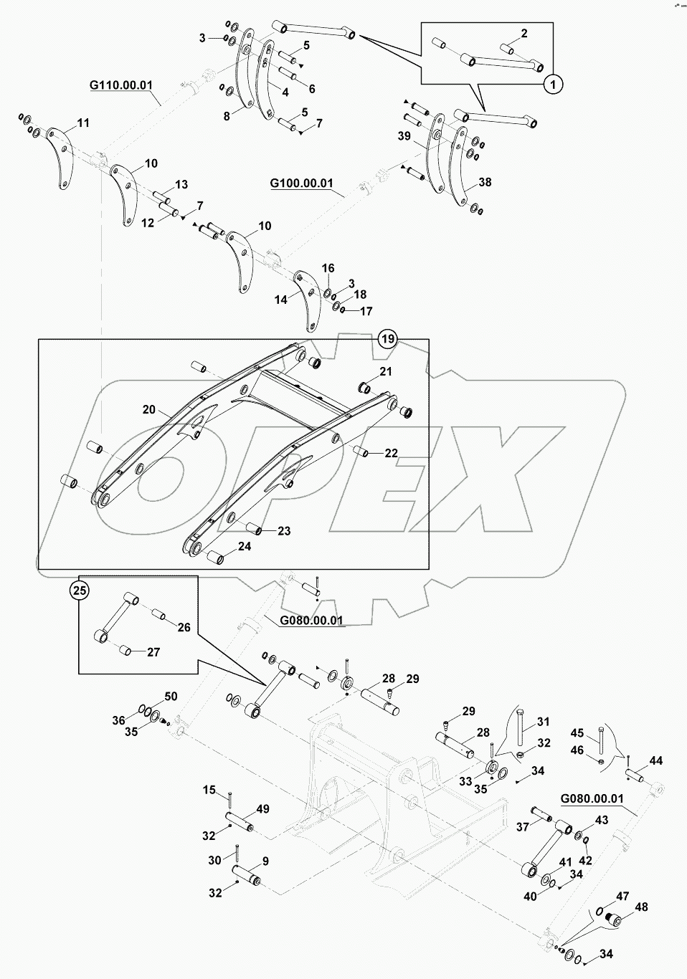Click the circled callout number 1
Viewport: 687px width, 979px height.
[x=552, y=85]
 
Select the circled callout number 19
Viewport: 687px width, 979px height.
[x=387, y=339]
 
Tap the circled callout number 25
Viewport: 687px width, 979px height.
[x=80, y=591]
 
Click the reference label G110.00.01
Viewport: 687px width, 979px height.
[x=121, y=85]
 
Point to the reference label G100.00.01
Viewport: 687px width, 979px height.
[x=301, y=183]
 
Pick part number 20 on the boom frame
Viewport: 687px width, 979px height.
[x=148, y=410]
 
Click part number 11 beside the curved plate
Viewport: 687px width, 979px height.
[x=83, y=123]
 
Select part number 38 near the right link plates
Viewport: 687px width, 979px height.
[x=485, y=183]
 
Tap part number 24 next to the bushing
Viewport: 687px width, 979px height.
[x=245, y=547]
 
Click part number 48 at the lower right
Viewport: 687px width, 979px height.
[x=640, y=907]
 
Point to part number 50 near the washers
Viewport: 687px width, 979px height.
[x=170, y=697]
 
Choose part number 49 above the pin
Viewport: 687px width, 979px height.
[x=263, y=810]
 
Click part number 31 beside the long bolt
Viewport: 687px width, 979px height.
[x=543, y=722]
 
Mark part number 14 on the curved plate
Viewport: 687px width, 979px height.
[x=282, y=300]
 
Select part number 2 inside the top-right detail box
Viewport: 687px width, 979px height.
[x=524, y=34]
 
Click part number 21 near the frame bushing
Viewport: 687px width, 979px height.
[x=386, y=371]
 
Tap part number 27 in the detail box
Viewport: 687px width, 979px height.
[x=153, y=652]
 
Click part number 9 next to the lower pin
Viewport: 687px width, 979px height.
[x=265, y=861]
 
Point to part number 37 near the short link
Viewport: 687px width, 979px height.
[x=522, y=826]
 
